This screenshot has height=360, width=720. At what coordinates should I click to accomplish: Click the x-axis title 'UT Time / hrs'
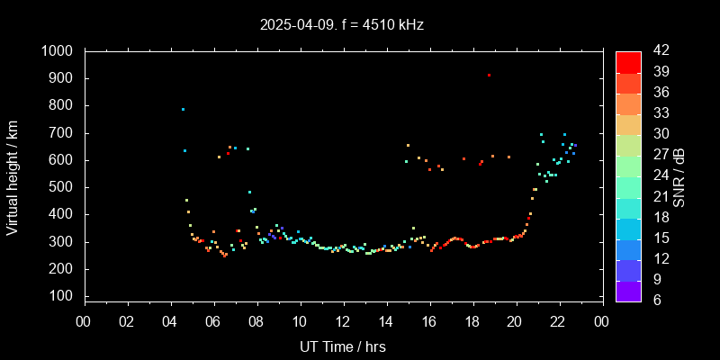tap(343, 346)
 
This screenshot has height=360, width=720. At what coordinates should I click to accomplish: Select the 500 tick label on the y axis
tap(64, 187)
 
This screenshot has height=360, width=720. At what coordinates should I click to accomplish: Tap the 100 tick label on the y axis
tap(64, 296)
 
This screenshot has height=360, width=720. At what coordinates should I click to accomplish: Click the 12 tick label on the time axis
tap(343, 321)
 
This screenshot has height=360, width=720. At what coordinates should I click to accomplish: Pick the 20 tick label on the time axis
tap(516, 321)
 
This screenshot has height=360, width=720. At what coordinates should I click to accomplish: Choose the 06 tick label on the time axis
tap(213, 321)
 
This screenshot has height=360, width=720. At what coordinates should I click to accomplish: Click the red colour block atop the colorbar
tap(628, 61)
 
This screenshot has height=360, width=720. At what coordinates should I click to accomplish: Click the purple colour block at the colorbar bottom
tap(628, 290)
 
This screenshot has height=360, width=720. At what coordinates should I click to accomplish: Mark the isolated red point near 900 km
tap(489, 76)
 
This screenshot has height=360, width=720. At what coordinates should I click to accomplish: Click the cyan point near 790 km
tap(183, 109)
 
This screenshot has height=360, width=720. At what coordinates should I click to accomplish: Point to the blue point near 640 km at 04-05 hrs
tap(184, 150)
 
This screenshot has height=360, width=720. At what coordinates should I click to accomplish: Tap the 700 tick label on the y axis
tap(64, 133)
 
